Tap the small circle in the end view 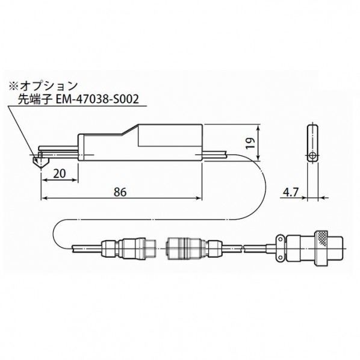point(312,156)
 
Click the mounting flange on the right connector point(281,247)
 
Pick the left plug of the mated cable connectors point(130,247)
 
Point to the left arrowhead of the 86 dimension point(43,198)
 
